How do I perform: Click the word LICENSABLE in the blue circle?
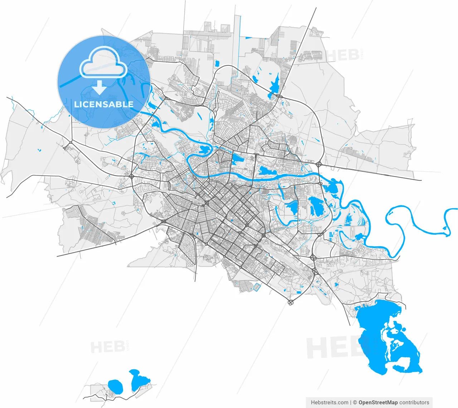104,105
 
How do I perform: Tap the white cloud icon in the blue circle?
103,62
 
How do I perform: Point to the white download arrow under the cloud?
100,87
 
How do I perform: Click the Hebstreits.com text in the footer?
330,402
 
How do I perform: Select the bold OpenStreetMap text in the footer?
378,402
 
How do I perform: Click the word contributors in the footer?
414,402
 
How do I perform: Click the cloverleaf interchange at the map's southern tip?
290,303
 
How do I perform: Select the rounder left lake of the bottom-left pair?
115,386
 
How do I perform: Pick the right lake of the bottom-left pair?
138,380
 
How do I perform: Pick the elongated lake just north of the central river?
268,172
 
